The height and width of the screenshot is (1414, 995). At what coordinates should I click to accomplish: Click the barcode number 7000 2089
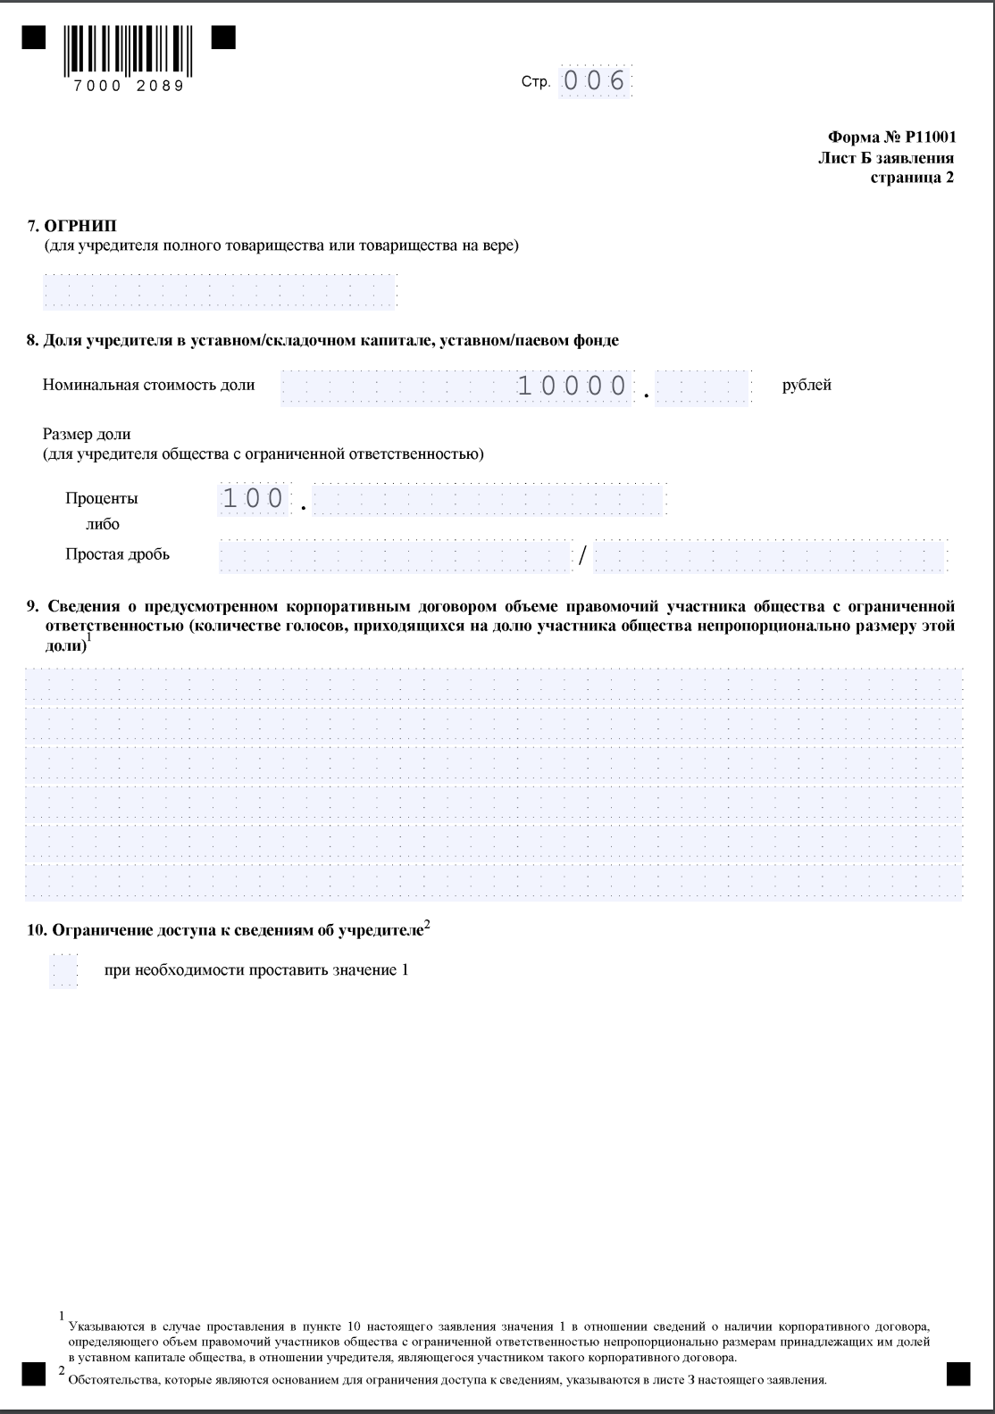[129, 87]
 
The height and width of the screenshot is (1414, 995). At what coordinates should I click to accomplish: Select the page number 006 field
[595, 81]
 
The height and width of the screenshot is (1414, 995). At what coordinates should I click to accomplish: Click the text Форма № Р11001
[891, 137]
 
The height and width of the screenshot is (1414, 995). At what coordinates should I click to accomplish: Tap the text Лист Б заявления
[885, 158]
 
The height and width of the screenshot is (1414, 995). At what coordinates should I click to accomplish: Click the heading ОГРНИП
[80, 226]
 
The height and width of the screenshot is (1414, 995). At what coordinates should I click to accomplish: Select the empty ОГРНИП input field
[220, 292]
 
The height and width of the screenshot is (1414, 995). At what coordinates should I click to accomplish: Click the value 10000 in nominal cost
[573, 387]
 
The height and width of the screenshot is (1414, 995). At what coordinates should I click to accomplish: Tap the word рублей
[807, 385]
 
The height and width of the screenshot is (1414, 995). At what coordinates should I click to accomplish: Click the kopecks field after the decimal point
[702, 388]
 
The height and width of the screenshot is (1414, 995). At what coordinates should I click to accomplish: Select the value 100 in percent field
[253, 498]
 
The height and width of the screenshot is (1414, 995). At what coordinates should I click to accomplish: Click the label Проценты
[102, 498]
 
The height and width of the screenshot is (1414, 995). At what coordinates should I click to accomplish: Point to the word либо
[102, 524]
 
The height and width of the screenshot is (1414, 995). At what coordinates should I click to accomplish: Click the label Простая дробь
[117, 554]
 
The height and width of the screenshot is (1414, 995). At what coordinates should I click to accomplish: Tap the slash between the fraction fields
[582, 555]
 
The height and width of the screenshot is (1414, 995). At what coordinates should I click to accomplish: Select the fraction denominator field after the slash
[768, 556]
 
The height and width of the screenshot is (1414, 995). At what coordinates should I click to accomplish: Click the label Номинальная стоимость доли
[148, 385]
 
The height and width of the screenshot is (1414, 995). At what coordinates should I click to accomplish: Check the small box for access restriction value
[63, 970]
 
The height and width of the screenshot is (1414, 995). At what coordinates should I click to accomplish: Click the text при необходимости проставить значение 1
[256, 970]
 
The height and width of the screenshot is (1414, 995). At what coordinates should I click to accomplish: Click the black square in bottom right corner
[958, 1374]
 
